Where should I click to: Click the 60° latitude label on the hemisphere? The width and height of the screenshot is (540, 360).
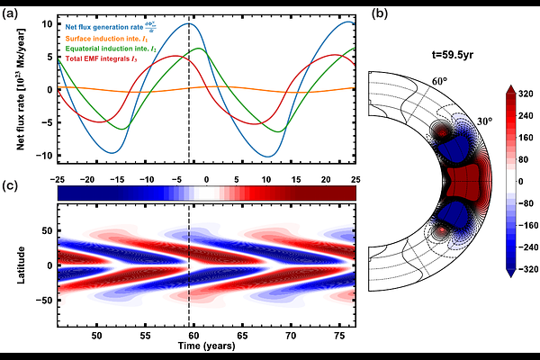tap(439, 82)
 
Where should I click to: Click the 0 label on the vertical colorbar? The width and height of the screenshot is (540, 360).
tap(521, 180)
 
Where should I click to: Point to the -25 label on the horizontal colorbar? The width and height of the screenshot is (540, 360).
tap(60, 179)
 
